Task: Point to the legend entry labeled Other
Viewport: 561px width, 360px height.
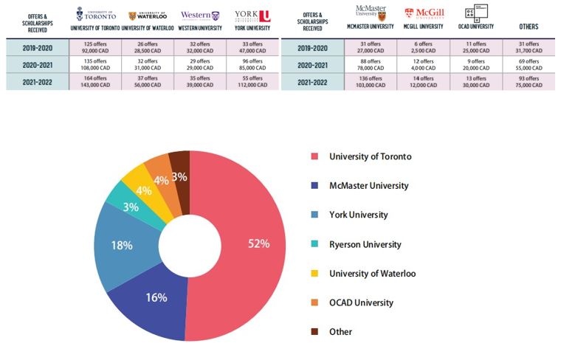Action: (340, 332)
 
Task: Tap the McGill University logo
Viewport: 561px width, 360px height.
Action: (424, 13)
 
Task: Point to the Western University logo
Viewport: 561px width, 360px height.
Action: (200, 15)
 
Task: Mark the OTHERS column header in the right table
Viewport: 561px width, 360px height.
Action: (528, 27)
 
